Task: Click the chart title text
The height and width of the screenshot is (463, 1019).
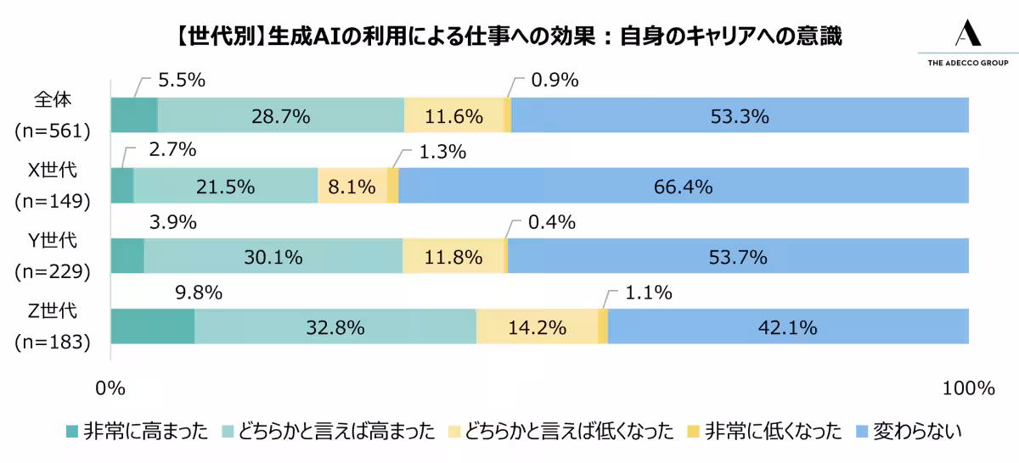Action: click(509, 36)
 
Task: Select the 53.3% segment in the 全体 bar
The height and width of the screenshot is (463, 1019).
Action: click(740, 115)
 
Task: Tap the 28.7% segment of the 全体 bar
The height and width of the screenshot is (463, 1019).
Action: click(280, 115)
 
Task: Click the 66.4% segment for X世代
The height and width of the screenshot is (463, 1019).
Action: click(683, 186)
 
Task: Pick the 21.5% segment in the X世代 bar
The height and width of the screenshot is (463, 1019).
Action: click(225, 186)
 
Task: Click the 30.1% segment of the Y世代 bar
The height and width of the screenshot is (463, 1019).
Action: click(273, 256)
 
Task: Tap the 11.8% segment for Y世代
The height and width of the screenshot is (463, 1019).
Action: click(453, 256)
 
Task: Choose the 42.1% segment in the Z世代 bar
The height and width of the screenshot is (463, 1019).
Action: click(788, 326)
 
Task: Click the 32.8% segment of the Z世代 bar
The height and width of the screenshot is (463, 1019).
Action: click(335, 326)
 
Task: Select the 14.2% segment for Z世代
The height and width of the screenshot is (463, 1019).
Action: click(537, 326)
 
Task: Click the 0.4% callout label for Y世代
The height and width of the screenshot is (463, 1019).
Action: click(553, 223)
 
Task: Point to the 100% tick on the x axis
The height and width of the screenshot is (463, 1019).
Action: click(968, 388)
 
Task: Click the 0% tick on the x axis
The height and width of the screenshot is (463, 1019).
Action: click(110, 388)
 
